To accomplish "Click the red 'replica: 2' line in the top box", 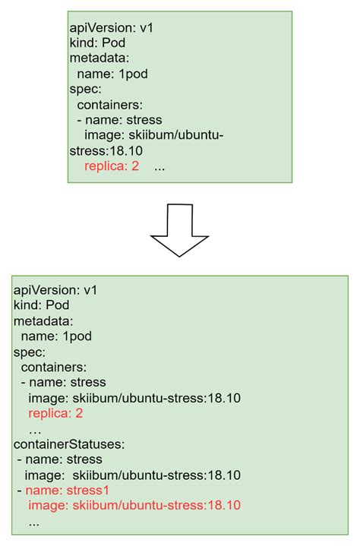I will coord(112,166).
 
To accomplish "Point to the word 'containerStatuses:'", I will coord(63,444).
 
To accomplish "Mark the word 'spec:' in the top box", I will coord(84,89).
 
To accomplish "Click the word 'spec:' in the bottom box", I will coord(29,352).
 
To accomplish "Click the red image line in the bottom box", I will coord(134,506).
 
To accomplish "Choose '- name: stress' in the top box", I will coord(114,119).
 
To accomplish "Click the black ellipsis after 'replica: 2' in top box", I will coord(159,166).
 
